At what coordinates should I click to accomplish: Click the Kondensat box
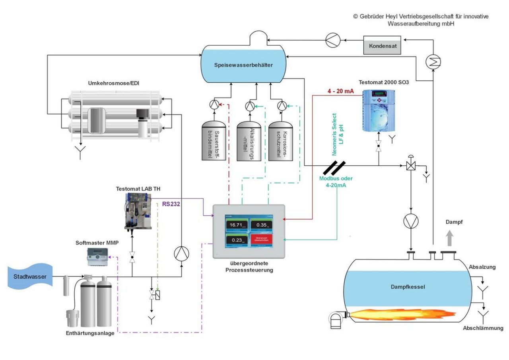(382, 46)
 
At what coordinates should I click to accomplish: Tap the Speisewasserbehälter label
(243, 65)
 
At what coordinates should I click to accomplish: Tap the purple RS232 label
(171, 204)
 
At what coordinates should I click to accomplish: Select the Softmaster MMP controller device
(98, 257)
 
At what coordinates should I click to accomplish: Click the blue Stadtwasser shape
(30, 277)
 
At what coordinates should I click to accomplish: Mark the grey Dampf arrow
(449, 239)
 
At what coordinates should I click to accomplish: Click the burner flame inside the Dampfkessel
(402, 315)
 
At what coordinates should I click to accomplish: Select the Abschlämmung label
(483, 328)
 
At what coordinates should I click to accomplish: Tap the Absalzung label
(482, 267)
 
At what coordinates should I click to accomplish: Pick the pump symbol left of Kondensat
(331, 40)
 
